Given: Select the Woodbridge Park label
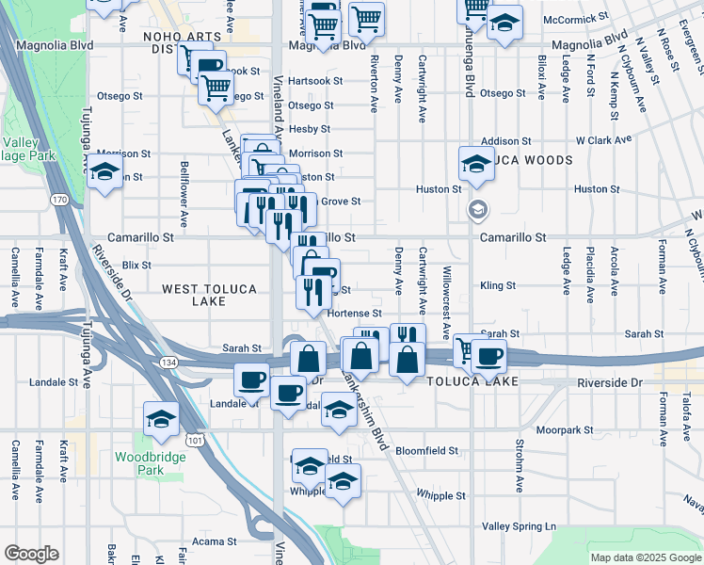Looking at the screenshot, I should [151, 462].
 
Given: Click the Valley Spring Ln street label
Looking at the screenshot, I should [520, 525].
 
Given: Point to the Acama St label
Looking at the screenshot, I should [215, 541].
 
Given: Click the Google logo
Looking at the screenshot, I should [31, 554].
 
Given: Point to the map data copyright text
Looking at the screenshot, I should [645, 557].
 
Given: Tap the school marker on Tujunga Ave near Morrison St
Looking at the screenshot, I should [105, 170].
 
